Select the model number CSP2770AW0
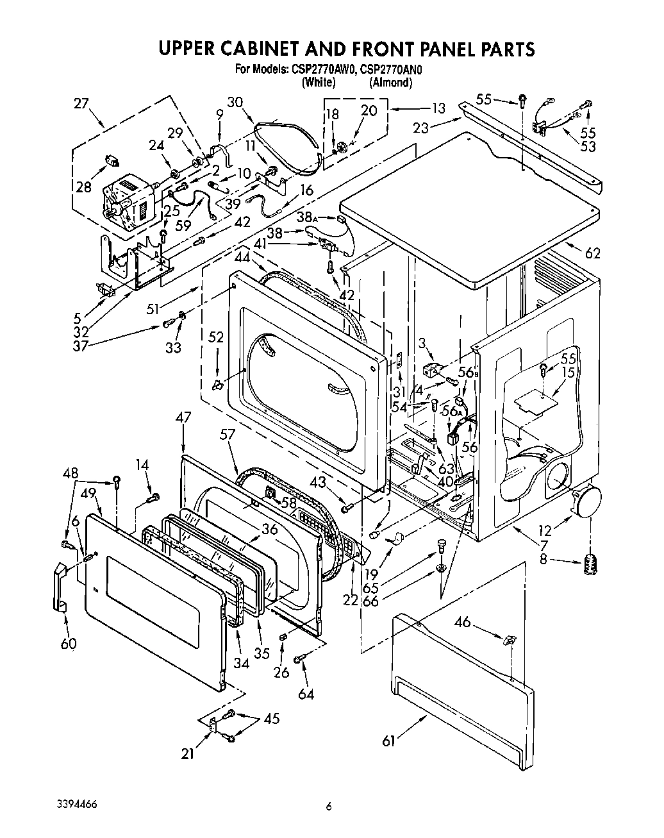324,70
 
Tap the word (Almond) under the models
390,83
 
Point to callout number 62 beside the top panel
592,253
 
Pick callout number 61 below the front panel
389,742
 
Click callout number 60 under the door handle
68,644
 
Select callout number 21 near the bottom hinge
187,754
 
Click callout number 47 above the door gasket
183,417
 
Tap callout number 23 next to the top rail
420,127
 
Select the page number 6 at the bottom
328,807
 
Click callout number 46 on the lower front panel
480,621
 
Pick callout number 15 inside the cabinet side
567,371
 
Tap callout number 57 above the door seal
228,435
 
